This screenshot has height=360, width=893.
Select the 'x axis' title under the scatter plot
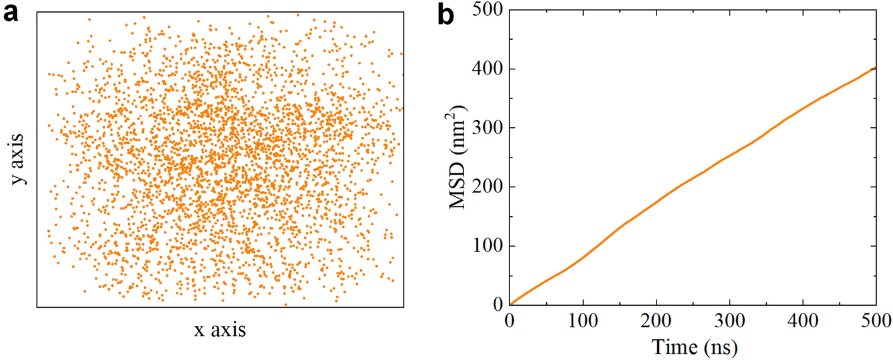click(x=220, y=329)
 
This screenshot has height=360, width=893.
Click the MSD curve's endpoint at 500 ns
click(x=876, y=67)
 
